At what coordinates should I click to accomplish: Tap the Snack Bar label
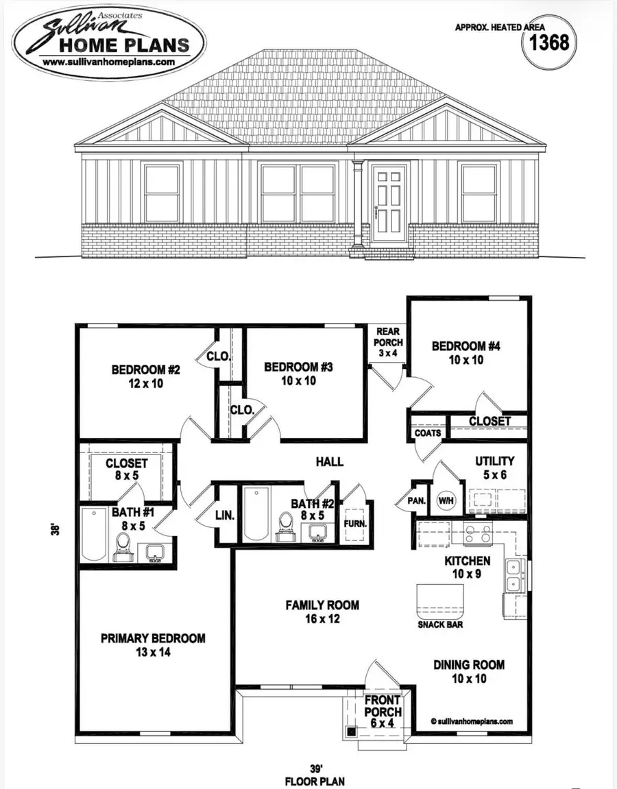coord(439,624)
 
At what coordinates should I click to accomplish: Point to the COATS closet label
coord(427,433)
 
